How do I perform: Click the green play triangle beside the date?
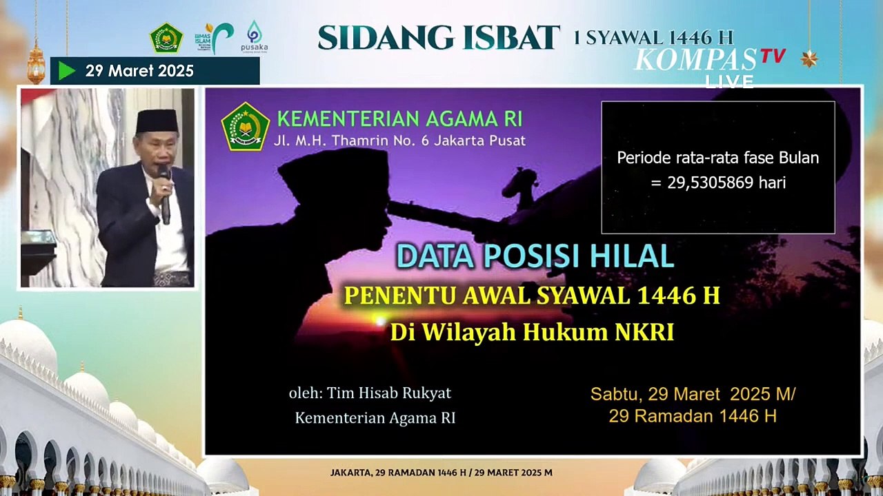(66, 71)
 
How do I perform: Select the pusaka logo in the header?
(254, 37)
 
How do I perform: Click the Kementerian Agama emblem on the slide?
(245, 127)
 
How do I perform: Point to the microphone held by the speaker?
(164, 193)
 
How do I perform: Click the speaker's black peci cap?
(157, 121)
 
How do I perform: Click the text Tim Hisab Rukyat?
(389, 393)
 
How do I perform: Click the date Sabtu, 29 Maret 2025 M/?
(693, 394)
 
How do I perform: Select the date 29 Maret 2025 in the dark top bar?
(139, 71)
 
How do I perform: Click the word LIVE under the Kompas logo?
(729, 81)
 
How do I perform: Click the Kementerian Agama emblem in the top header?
(166, 38)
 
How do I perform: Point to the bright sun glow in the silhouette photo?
(378, 320)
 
